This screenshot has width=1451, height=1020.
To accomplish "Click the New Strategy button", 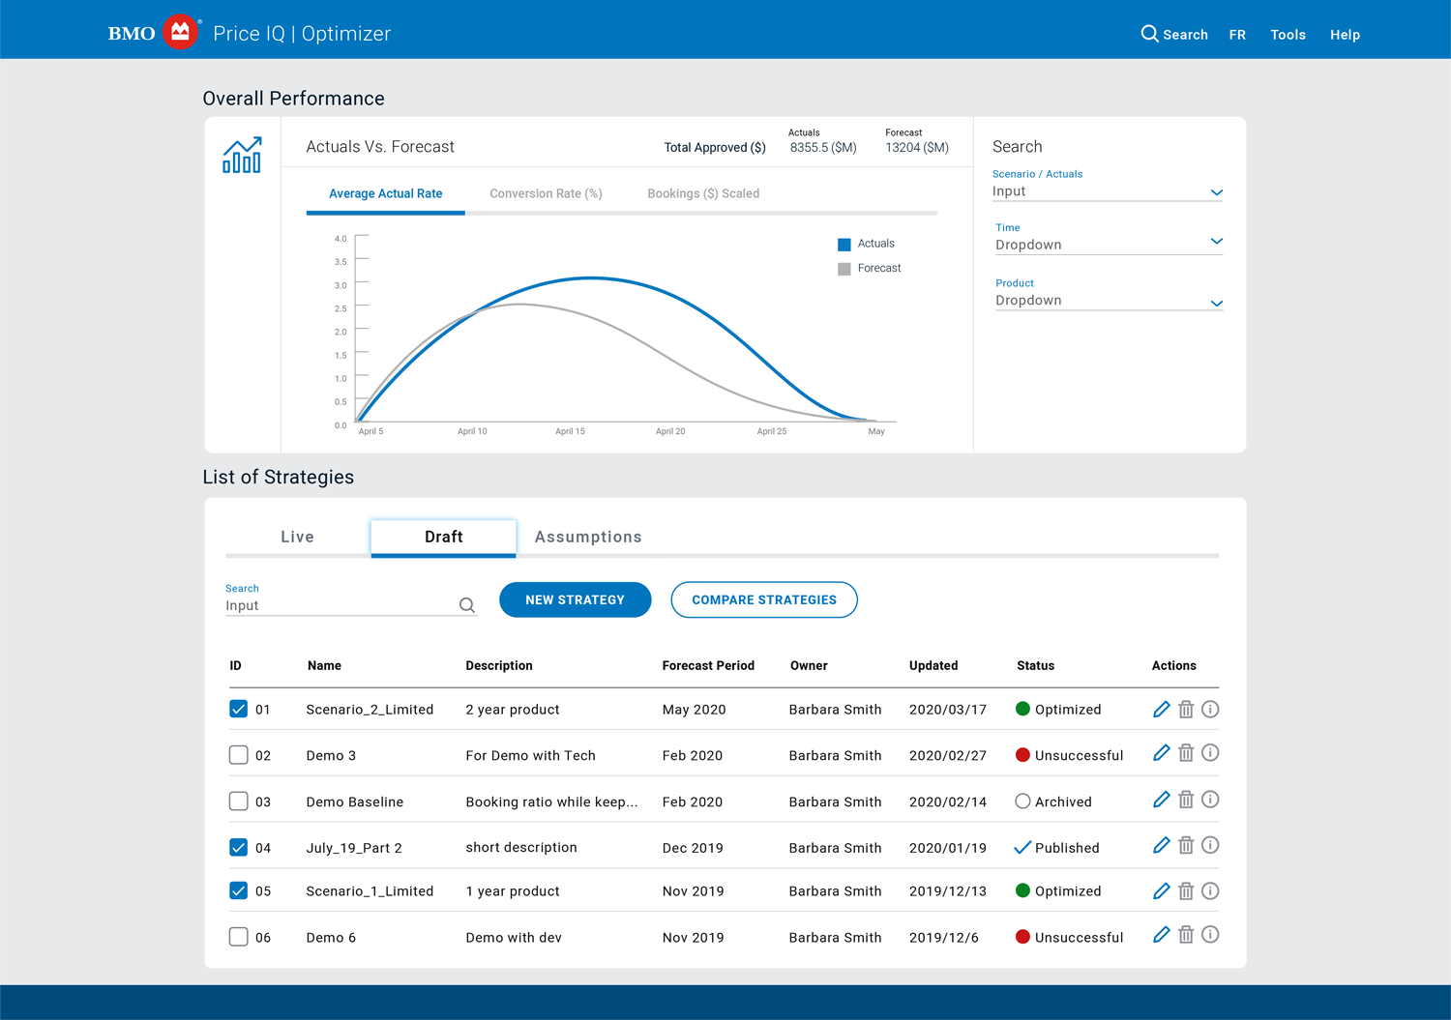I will pos(575,599).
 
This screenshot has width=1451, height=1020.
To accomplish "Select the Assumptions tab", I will pos(588,537).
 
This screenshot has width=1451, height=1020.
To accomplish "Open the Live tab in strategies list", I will pos(297,537).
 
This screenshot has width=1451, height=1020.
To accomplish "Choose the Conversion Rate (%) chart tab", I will pos(546,193).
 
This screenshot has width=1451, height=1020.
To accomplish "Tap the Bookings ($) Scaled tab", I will pos(703,193).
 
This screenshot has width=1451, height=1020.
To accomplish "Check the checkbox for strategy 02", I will pos(238,755).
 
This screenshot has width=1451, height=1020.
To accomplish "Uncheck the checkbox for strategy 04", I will pos(238,848).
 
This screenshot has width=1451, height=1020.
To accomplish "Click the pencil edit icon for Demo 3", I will pos(1161,753).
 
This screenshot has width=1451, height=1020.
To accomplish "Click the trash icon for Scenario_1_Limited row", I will pos(1186,891).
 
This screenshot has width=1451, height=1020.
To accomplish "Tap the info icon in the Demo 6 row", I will pos(1210,935).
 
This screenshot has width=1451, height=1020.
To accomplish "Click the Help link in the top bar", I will pos(1345,35).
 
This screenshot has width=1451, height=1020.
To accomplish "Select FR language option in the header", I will pos(1237,35).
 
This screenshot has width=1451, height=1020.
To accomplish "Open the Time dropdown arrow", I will pos(1216,242).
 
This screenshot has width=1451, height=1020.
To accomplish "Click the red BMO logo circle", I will pos(180,32).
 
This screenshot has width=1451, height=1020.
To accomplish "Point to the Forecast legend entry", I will pos(870,269).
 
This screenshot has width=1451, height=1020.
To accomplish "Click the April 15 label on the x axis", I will pos(570,431).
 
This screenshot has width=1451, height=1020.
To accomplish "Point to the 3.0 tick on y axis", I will pos(341,285).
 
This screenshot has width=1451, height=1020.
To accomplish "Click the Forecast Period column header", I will pos(708,666).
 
